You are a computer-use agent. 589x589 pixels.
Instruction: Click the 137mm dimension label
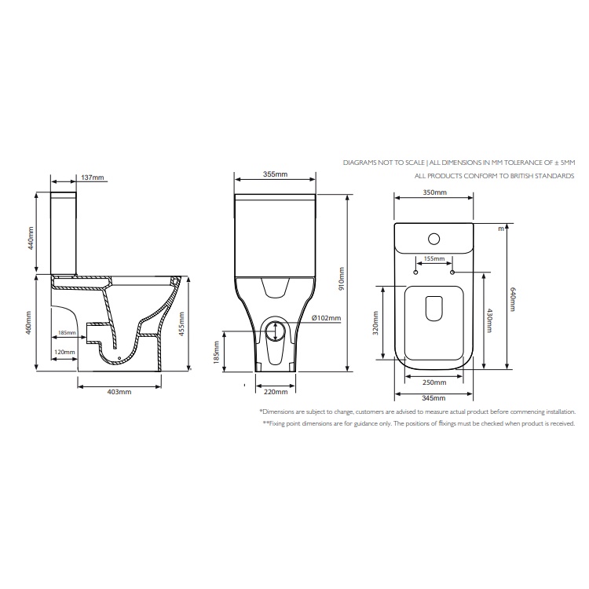tap(93, 178)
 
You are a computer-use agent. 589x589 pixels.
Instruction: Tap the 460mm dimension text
tap(31, 322)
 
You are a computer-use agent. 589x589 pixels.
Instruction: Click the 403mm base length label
tap(119, 391)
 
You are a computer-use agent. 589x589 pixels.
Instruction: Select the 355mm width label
tap(276, 174)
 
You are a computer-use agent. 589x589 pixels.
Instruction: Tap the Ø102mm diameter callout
tap(326, 318)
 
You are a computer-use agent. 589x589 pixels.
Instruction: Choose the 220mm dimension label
tap(274, 391)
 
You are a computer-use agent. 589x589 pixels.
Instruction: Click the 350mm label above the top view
tap(434, 192)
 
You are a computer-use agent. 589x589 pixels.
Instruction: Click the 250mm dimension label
tap(434, 382)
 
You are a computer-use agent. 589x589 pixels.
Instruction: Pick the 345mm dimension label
tap(434, 400)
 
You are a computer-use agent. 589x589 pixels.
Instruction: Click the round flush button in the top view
tap(434, 240)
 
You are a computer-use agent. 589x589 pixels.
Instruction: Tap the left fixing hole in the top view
tap(415, 273)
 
